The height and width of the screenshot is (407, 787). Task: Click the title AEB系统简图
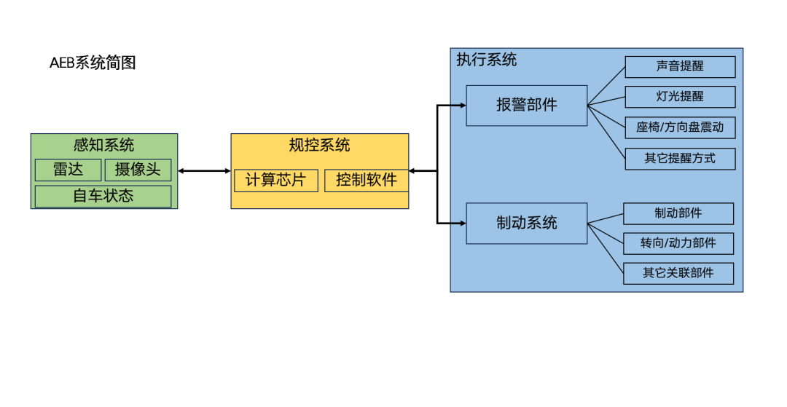[93, 63]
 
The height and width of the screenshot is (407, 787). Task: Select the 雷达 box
[68, 170]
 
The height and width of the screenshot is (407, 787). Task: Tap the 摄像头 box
[138, 170]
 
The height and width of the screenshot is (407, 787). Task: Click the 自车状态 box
[103, 196]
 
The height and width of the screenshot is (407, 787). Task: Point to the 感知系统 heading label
[103, 145]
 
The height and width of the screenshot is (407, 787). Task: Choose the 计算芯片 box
[275, 180]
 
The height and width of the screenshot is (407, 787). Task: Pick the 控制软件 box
[366, 180]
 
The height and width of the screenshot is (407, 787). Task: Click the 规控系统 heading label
[319, 145]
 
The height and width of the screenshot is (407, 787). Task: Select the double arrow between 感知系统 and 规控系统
[204, 171]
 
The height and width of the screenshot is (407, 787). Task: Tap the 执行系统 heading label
[486, 60]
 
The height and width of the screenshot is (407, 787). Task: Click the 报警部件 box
[526, 106]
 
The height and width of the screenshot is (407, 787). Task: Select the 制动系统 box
[526, 223]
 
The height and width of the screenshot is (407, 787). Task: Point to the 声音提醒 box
[680, 66]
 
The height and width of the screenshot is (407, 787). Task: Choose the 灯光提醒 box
[680, 97]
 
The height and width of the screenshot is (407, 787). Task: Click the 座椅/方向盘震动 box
[680, 127]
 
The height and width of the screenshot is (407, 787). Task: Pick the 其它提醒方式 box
[680, 158]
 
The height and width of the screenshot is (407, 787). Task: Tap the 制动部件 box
[678, 213]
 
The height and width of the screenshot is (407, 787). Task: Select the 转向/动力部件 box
[678, 243]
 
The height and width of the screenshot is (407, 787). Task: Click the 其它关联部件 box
[678, 273]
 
